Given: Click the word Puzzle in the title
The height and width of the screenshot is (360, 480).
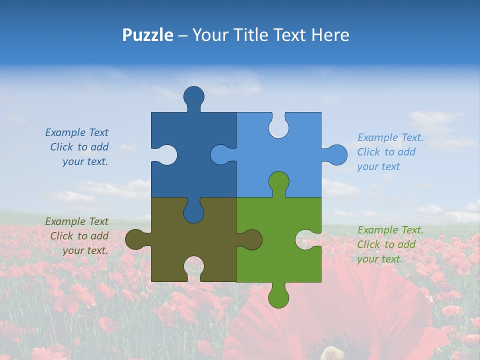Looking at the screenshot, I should pyautogui.click(x=147, y=35).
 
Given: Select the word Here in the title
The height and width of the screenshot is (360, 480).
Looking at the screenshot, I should pyautogui.click(x=330, y=35).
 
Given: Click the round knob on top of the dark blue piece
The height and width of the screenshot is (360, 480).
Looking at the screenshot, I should pyautogui.click(x=193, y=96).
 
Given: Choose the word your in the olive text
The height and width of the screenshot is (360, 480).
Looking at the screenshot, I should pyautogui.click(x=72, y=250).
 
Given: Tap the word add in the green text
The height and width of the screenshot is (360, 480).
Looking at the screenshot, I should pyautogui.click(x=406, y=244).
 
